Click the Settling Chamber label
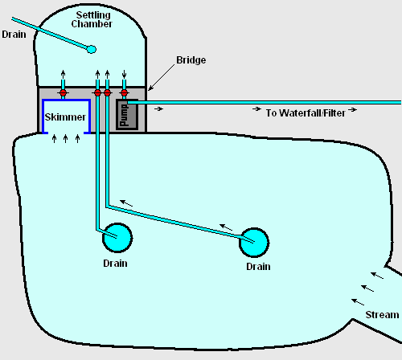coord(92,19)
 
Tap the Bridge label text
coord(191,60)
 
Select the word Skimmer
coord(65,117)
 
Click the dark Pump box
coord(127,115)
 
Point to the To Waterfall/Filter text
coord(306,113)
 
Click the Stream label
coord(382,315)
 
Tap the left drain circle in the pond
coord(117,238)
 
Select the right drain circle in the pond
coord(254,243)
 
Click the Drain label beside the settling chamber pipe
coord(14,35)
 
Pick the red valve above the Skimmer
coord(63,92)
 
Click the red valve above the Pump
coord(124,92)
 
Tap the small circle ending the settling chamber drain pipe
coord(92,49)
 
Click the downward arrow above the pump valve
coord(124,74)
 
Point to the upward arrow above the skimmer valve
coord(63,75)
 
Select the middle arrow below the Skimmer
coord(66,139)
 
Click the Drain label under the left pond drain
coord(115,264)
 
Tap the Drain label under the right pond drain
coord(258,267)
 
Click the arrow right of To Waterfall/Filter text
coord(352,109)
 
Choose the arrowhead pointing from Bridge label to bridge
coord(150,88)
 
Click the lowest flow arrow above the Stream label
coord(358,302)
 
